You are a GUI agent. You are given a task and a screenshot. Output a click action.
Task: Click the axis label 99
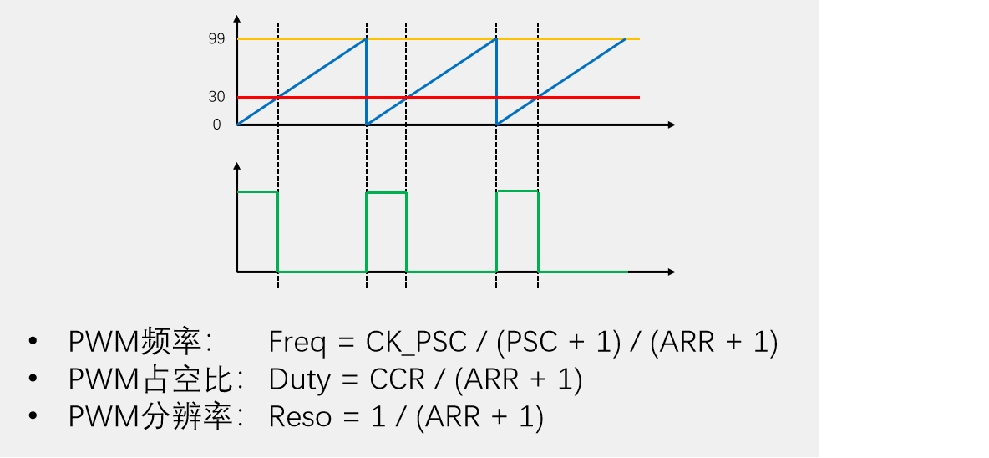coord(217,39)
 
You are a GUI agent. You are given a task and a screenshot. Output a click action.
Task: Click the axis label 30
coord(217,97)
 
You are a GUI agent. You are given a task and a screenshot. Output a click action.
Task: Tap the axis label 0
coord(217,125)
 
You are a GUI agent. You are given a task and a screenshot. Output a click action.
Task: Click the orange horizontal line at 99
coord(439,39)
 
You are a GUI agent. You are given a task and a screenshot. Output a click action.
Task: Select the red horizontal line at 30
coord(439,97)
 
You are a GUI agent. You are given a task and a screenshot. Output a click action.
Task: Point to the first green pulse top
coord(257,191)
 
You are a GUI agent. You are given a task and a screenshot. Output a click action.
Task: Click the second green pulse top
coord(387,192)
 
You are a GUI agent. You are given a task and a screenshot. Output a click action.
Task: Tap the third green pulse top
coord(518,191)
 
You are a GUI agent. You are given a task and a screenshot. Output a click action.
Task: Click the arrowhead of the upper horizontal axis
coord(672,125)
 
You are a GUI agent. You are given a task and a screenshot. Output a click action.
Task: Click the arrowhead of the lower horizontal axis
coord(672,272)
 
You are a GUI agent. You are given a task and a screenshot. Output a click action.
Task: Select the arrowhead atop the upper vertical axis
coord(237,18)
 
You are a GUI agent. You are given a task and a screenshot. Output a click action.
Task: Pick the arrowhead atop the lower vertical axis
coord(237,166)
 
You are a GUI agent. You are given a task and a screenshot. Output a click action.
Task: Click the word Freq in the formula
coord(297,343)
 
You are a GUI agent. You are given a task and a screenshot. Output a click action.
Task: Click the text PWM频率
coord(143,343)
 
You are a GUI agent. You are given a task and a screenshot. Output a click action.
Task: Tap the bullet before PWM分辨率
coord(33,417)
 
